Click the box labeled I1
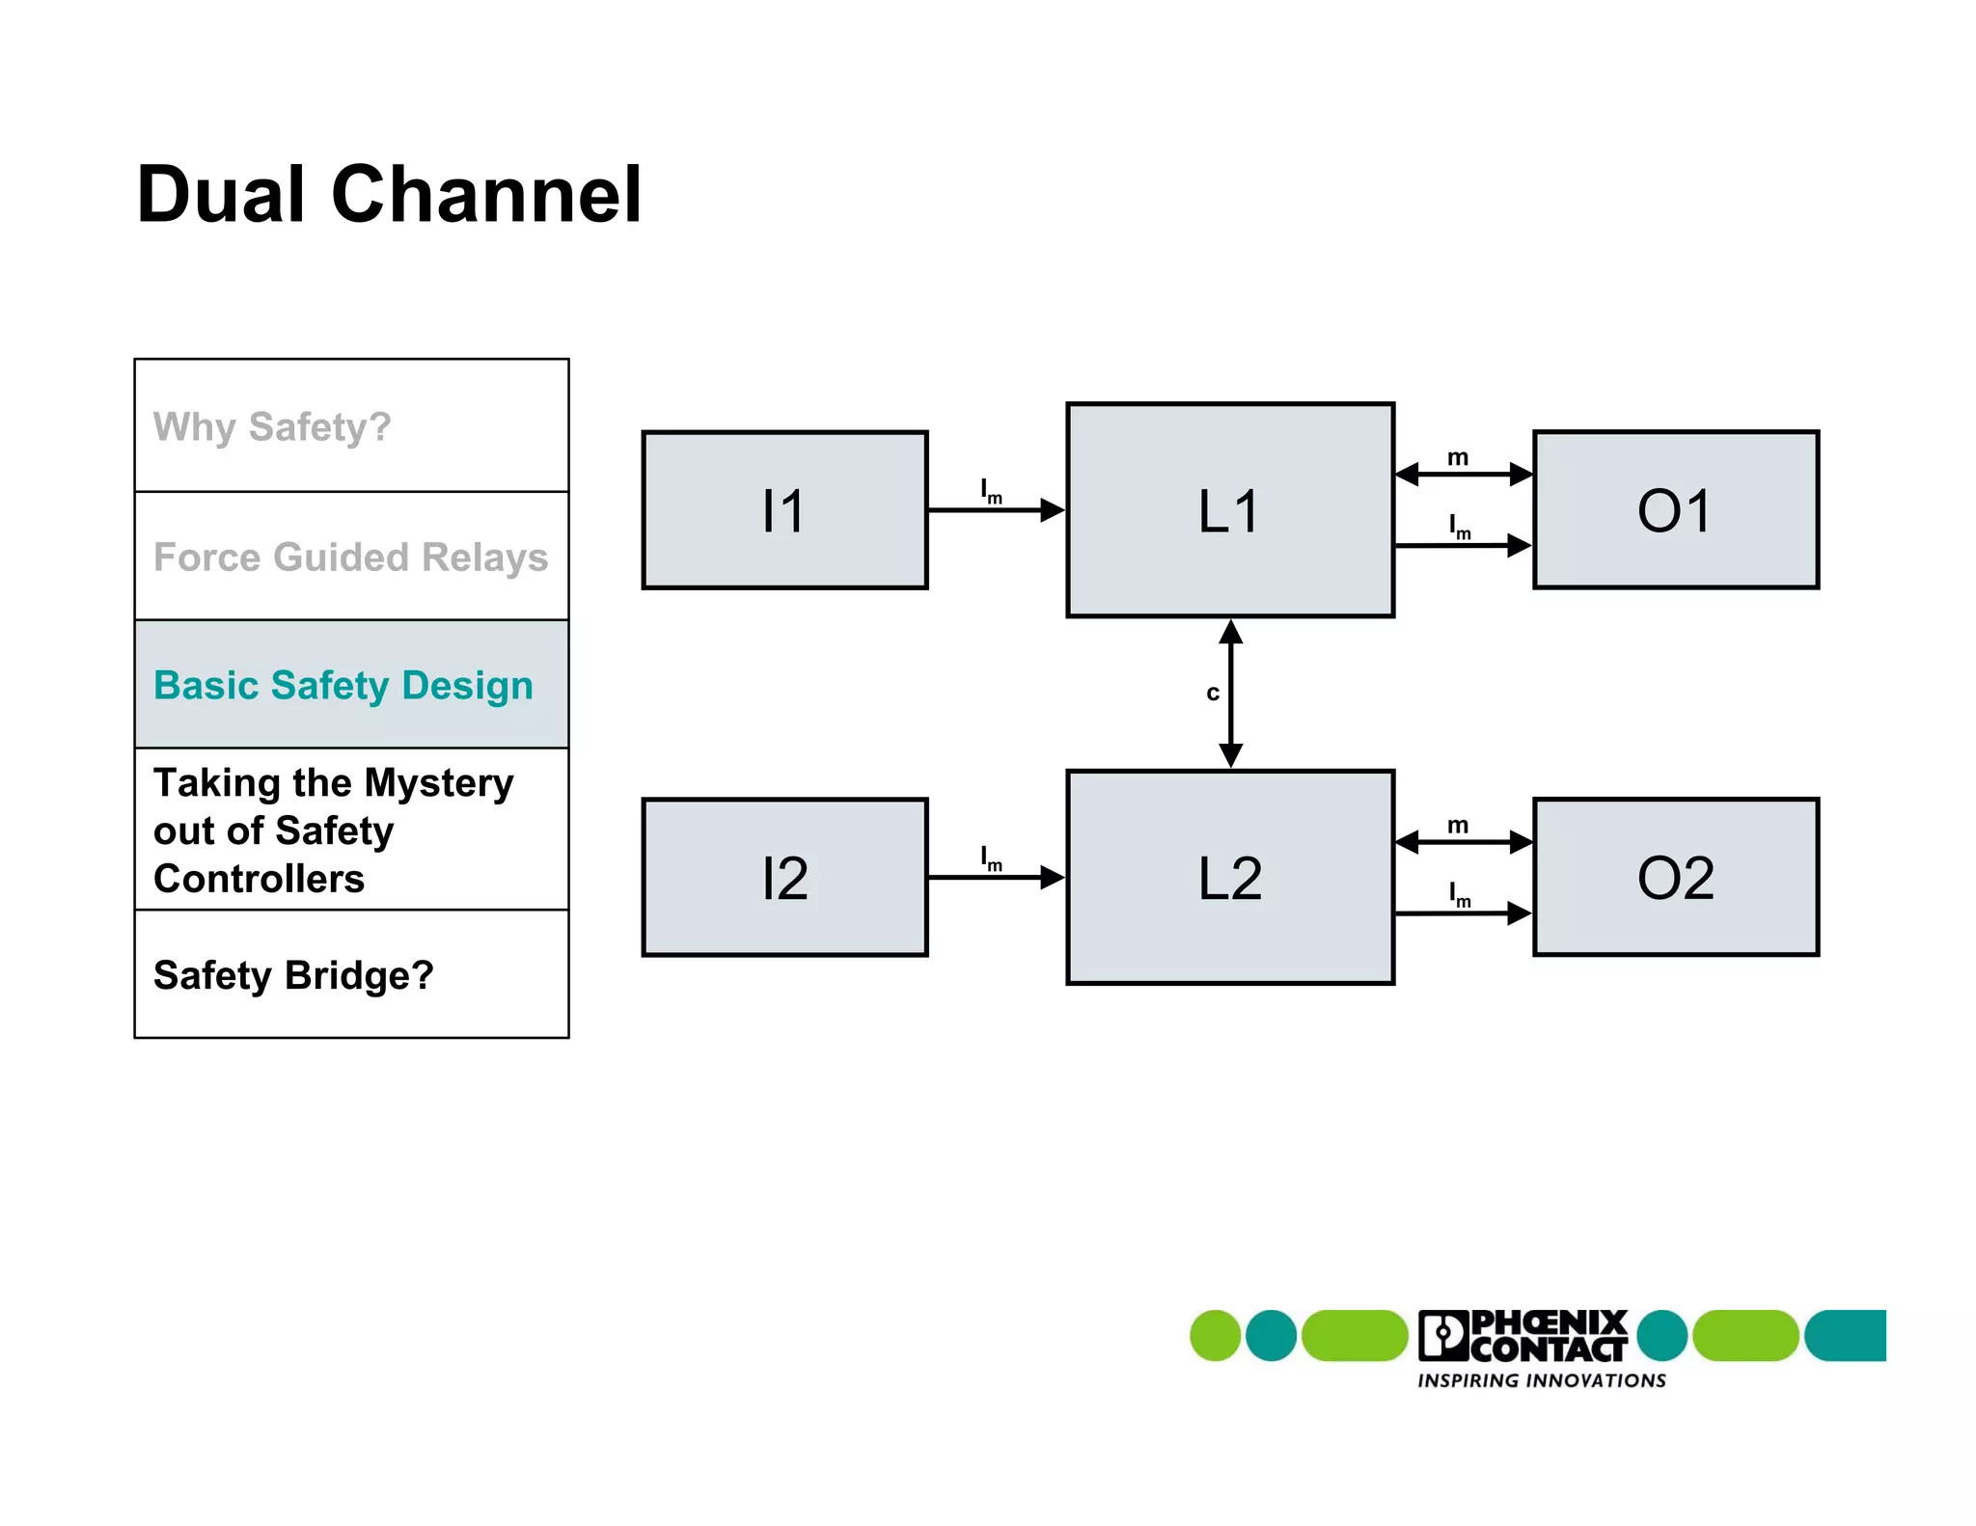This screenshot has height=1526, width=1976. (784, 509)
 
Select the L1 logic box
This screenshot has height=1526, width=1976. (1230, 509)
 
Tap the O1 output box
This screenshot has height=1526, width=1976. (1676, 509)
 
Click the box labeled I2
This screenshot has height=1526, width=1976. (784, 877)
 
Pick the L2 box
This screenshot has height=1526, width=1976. (1230, 877)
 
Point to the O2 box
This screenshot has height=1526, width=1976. (1676, 877)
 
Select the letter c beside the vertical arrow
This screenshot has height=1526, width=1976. (1213, 693)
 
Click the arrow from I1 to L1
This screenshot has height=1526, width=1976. (994, 509)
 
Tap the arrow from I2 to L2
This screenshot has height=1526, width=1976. (994, 877)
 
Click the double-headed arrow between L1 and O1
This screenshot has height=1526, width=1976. (1464, 474)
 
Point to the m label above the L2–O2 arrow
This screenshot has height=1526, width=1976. (1458, 826)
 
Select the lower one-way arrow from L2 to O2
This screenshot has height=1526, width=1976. (1464, 913)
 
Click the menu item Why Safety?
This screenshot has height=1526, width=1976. (272, 426)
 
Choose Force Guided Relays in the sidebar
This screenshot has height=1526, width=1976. (350, 557)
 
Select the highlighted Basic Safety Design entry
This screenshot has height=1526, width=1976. (343, 685)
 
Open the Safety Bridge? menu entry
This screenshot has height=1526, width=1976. (293, 975)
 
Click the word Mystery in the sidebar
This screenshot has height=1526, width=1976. (439, 783)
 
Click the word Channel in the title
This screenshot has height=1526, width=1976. (486, 195)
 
